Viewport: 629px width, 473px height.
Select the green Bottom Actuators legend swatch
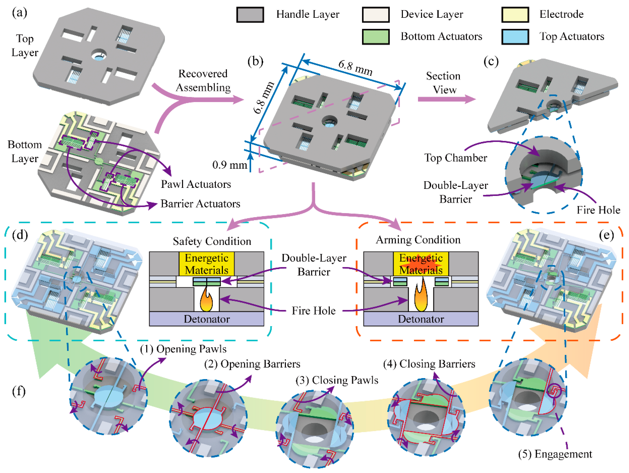(375, 37)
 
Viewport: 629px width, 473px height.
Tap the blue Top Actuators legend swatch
(515, 37)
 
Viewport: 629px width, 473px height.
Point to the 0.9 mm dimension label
(230, 165)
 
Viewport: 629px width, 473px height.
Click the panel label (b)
(255, 61)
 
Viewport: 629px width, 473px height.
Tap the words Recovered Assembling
(203, 80)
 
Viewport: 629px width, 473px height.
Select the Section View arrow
(446, 99)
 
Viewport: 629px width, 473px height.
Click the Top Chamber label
(456, 158)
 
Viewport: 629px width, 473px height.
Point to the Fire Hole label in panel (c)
(598, 210)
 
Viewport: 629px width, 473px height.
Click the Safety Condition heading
(212, 241)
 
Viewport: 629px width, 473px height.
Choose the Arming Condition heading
(418, 240)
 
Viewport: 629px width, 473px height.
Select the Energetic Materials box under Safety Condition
(206, 264)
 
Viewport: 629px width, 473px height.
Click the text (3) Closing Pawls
(337, 380)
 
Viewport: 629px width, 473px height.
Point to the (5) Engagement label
(555, 454)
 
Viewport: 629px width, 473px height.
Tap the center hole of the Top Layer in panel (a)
(99, 55)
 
